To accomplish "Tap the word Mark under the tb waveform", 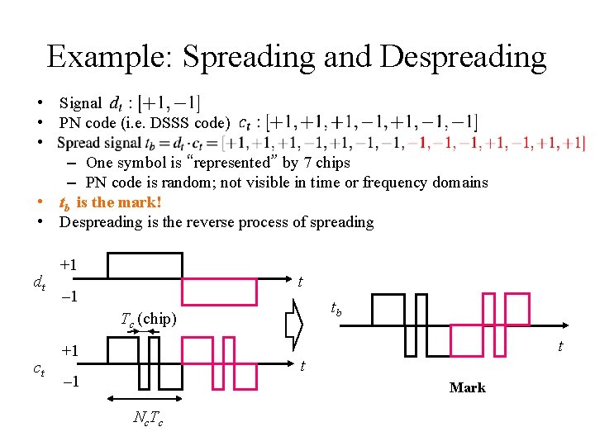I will point(467,387).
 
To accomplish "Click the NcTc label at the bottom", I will point(148,419).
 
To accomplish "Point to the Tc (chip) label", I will point(148,319).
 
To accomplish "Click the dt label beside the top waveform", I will point(38,284).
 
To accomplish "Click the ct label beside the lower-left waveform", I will point(38,369).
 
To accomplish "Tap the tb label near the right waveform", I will point(336,309).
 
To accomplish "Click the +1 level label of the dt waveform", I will point(69,265).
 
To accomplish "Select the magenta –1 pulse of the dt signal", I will point(219,292).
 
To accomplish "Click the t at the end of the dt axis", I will point(299,282).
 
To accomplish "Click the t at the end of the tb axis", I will point(560,345).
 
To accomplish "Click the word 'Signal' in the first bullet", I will point(80,103).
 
